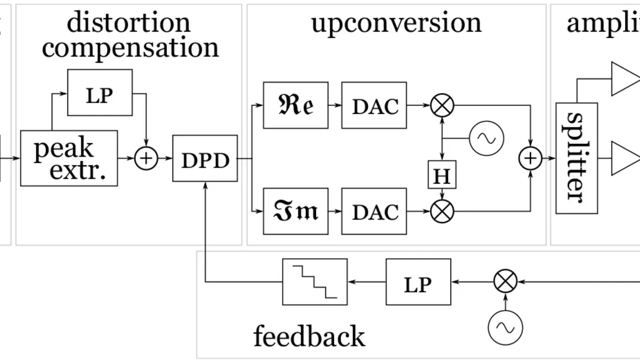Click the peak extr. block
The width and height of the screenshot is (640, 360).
pos(69,158)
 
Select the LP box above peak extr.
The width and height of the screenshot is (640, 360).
pos(100,93)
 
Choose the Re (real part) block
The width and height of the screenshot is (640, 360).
pos(296,105)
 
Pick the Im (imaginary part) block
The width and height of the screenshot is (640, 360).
pos(296,211)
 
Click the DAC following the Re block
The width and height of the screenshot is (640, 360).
pos(374,105)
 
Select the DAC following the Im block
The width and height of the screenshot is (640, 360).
pos(374,211)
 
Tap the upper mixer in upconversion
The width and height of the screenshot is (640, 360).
pos(443,105)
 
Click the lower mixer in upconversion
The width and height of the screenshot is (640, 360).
pos(443,211)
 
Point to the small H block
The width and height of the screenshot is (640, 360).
pos(443,175)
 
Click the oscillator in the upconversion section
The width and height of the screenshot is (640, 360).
pos(486,138)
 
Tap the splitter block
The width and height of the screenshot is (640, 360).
pos(577,158)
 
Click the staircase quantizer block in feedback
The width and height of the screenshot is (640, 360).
pos(315,282)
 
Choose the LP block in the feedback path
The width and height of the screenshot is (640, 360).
pos(418,282)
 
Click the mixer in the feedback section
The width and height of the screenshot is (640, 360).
pos(505,282)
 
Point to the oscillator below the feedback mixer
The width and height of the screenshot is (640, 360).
pos(505,327)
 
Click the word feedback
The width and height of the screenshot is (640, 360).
pos(309,336)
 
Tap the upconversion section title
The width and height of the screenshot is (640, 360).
pos(396,23)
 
